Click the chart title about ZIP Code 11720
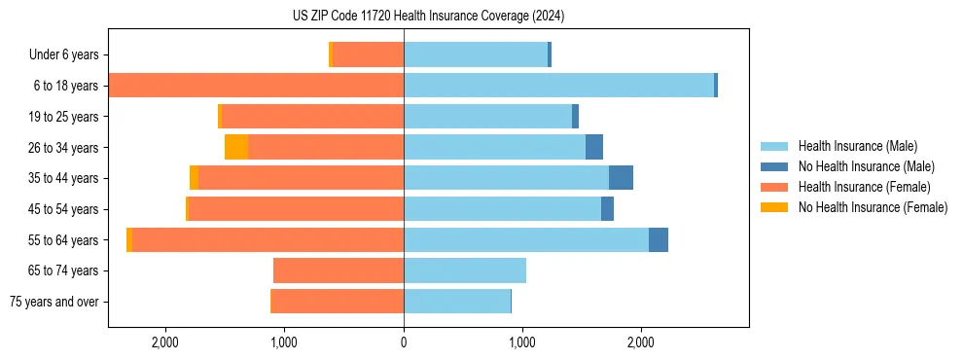[x=428, y=17]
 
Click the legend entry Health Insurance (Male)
[x=856, y=146]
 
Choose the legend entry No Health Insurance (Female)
[x=873, y=207]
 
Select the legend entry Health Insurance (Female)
[x=864, y=187]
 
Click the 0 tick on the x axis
[x=404, y=342]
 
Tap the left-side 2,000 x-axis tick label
[x=164, y=342]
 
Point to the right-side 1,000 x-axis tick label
[x=522, y=342]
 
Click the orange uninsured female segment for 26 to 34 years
[x=236, y=147]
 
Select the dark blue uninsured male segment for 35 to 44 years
[x=621, y=178]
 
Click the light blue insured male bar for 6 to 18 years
[x=558, y=86]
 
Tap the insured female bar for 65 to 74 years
[x=339, y=270]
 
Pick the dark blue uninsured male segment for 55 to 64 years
[x=659, y=239]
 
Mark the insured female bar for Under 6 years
[x=368, y=55]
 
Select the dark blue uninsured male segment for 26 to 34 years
[x=594, y=147]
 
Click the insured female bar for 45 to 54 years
[x=296, y=209]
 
